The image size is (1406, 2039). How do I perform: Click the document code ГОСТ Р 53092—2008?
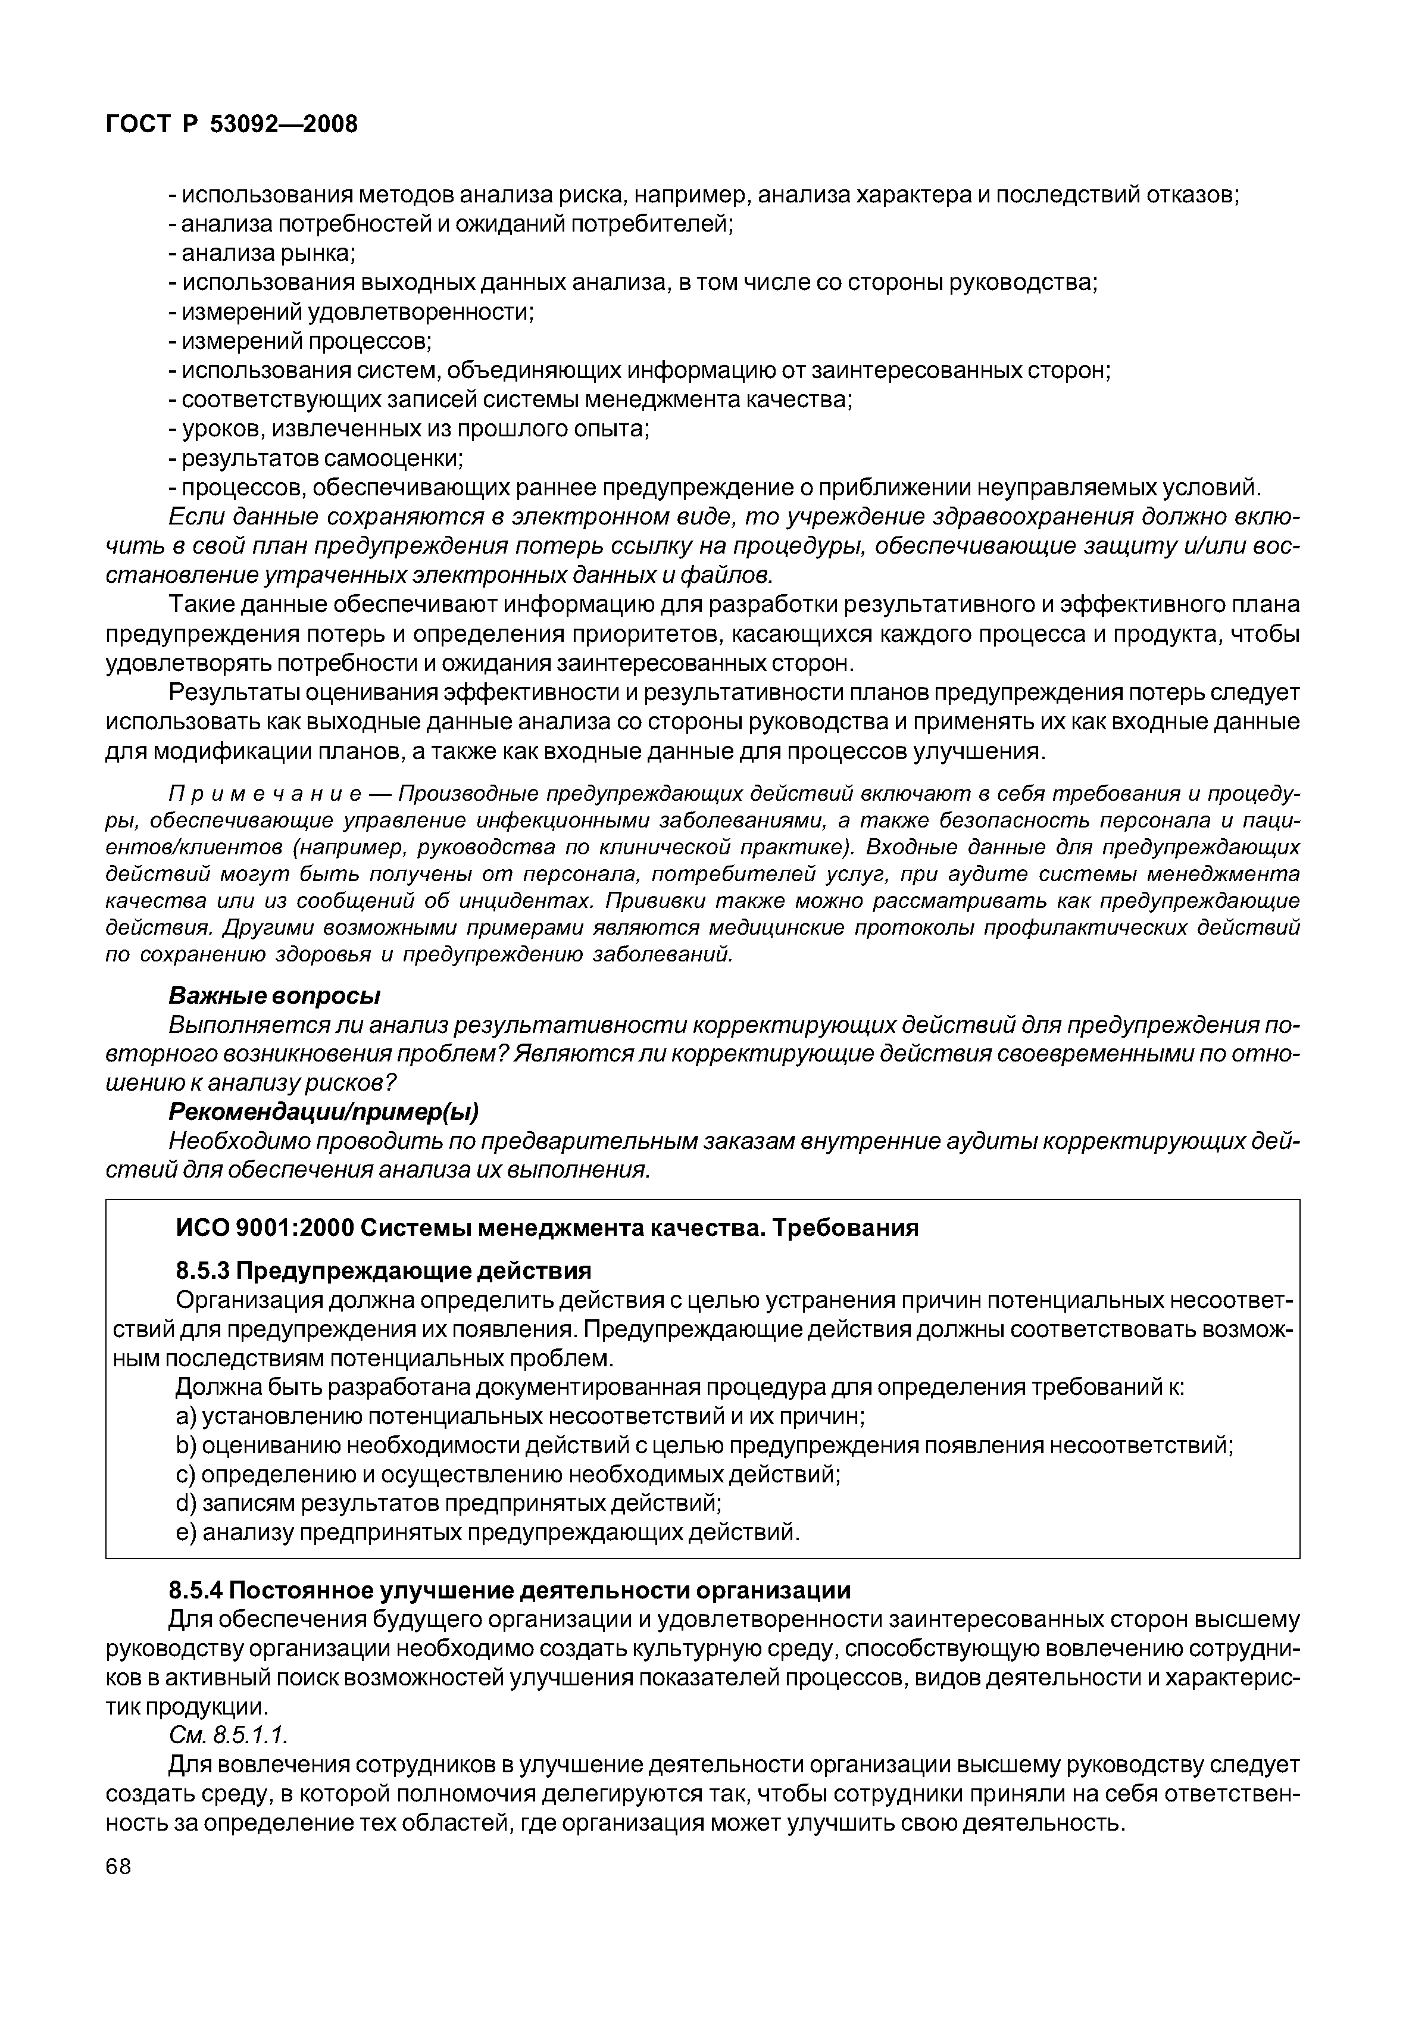pos(232,124)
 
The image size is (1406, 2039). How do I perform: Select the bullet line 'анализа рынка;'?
pos(262,253)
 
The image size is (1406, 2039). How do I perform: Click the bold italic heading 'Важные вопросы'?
pos(274,996)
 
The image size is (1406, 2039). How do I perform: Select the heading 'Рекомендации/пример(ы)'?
pos(323,1112)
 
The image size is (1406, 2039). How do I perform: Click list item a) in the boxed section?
pos(520,1416)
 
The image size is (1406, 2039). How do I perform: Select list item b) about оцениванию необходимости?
pos(704,1446)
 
